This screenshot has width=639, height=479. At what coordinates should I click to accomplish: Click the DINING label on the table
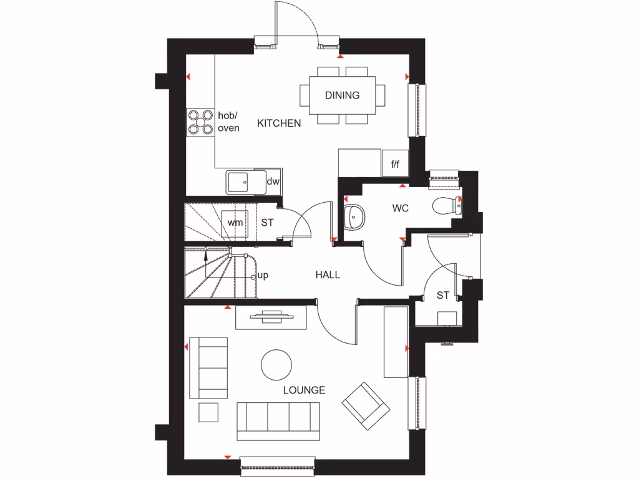342,95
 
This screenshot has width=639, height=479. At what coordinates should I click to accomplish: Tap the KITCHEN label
279,123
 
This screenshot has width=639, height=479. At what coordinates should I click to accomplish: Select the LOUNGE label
304,390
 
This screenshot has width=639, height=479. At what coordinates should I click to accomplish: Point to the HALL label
328,274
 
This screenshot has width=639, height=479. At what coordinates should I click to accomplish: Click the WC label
401,208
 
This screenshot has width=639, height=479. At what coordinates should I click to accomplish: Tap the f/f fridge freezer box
395,165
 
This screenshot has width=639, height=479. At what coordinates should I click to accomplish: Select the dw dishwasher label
273,181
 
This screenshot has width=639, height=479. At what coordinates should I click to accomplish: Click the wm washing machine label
235,222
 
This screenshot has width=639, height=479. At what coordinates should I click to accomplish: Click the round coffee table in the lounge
276,364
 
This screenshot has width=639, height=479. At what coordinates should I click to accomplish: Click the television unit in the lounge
271,317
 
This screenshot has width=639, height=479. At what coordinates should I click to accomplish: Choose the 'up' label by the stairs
263,275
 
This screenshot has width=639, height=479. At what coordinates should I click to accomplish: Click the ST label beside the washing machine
267,222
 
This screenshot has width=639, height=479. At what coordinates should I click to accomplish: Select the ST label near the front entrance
442,295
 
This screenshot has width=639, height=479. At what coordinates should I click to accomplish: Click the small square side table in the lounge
208,412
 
